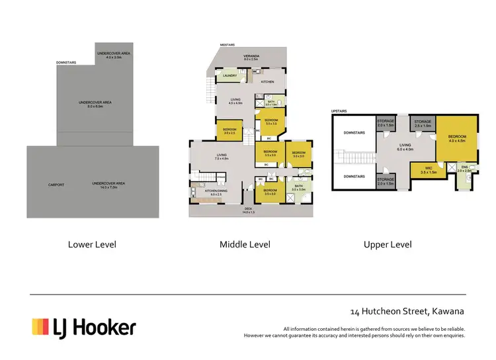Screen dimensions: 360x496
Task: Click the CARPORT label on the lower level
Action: tap(56, 185)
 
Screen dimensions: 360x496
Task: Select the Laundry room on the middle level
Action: tap(229, 76)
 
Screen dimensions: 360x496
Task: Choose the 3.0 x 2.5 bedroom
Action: tap(229, 130)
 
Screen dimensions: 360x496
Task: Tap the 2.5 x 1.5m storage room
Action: tap(423, 123)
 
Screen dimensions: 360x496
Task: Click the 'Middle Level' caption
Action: tap(245, 244)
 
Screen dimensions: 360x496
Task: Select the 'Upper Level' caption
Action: tap(388, 244)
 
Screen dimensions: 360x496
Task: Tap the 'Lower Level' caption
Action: tap(92, 244)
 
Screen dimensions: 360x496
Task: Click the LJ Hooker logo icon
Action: tap(41, 326)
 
